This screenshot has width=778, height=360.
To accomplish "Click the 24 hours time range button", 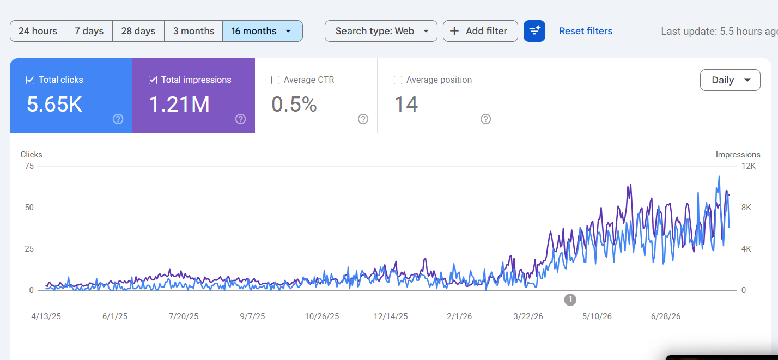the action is pyautogui.click(x=38, y=31).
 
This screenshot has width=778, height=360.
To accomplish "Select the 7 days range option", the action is pyautogui.click(x=89, y=31).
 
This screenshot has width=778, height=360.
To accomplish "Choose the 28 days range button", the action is pyautogui.click(x=138, y=31).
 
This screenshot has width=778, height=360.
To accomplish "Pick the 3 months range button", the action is pyautogui.click(x=193, y=31).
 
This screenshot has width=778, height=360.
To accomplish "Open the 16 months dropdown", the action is pyautogui.click(x=263, y=31).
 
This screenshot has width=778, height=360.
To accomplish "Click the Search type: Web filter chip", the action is pyautogui.click(x=381, y=31).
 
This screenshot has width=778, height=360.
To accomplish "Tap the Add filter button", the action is pyautogui.click(x=481, y=31).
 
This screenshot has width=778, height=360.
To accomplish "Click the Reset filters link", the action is pyautogui.click(x=586, y=31).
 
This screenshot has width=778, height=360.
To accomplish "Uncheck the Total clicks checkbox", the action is pyautogui.click(x=30, y=80).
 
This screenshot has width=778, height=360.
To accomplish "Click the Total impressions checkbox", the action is pyautogui.click(x=153, y=80).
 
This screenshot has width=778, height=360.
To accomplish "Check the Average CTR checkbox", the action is pyautogui.click(x=276, y=80).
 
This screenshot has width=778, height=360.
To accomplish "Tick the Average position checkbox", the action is pyautogui.click(x=398, y=80).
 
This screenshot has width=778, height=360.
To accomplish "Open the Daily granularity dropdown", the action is pyautogui.click(x=730, y=80).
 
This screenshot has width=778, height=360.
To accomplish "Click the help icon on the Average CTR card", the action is pyautogui.click(x=363, y=119).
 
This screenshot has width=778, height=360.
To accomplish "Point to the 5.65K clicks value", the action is pyautogui.click(x=54, y=104).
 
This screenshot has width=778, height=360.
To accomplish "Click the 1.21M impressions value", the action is pyautogui.click(x=180, y=104).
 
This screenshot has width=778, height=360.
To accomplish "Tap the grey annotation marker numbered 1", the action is pyautogui.click(x=570, y=300).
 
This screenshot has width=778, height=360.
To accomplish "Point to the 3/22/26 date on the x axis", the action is pyautogui.click(x=528, y=316).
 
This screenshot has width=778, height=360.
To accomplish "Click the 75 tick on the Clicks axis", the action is pyautogui.click(x=29, y=166).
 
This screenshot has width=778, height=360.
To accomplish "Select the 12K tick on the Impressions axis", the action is pyautogui.click(x=749, y=166).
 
